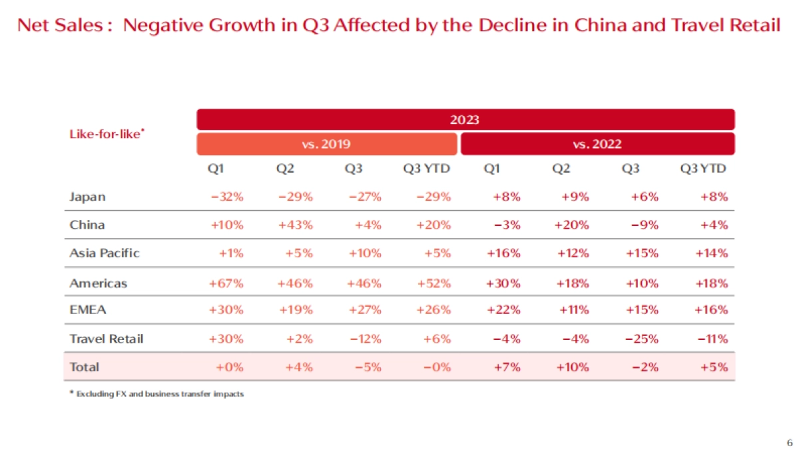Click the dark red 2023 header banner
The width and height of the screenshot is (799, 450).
click(465, 119)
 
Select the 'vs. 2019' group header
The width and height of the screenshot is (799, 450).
click(326, 143)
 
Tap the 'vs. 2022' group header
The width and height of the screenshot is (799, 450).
click(597, 143)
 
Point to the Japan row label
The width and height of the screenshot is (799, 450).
click(87, 197)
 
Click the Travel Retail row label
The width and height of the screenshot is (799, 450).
click(106, 339)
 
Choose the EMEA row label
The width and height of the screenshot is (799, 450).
click(88, 310)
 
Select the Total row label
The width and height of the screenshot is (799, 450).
click(84, 367)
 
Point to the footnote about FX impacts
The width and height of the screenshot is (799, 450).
click(157, 394)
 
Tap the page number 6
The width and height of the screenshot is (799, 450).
click(789, 443)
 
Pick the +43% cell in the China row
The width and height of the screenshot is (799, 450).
click(295, 225)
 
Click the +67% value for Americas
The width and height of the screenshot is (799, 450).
click(227, 283)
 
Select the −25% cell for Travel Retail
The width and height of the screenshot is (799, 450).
click(641, 339)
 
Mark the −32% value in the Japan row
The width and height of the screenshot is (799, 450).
click(227, 197)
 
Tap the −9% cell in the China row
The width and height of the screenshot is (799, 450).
click(645, 225)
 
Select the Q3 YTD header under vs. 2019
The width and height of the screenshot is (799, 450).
click(427, 169)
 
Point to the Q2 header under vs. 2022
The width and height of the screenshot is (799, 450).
click(561, 169)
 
